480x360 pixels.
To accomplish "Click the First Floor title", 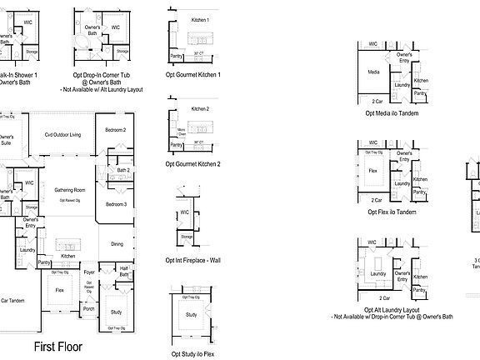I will [x=57, y=346].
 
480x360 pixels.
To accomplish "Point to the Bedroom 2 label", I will [x=115, y=130].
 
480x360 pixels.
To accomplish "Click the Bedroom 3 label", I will [x=115, y=204].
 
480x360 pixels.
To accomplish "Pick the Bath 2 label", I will [x=122, y=170].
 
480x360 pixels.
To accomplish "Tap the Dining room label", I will [x=117, y=243].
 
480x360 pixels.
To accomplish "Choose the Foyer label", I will [x=89, y=271].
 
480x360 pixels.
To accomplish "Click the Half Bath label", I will [x=122, y=269].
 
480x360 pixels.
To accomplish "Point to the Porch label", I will [x=88, y=309].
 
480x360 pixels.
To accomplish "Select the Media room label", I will [x=374, y=72].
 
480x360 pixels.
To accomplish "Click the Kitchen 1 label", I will [x=200, y=19].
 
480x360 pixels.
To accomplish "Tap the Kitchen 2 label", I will [x=199, y=109].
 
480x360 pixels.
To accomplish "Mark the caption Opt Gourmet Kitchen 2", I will [x=195, y=164].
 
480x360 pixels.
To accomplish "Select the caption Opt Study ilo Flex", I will [x=193, y=353].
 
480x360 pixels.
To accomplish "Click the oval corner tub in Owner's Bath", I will [x=84, y=40].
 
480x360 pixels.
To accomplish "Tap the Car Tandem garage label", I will [x=16, y=300].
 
